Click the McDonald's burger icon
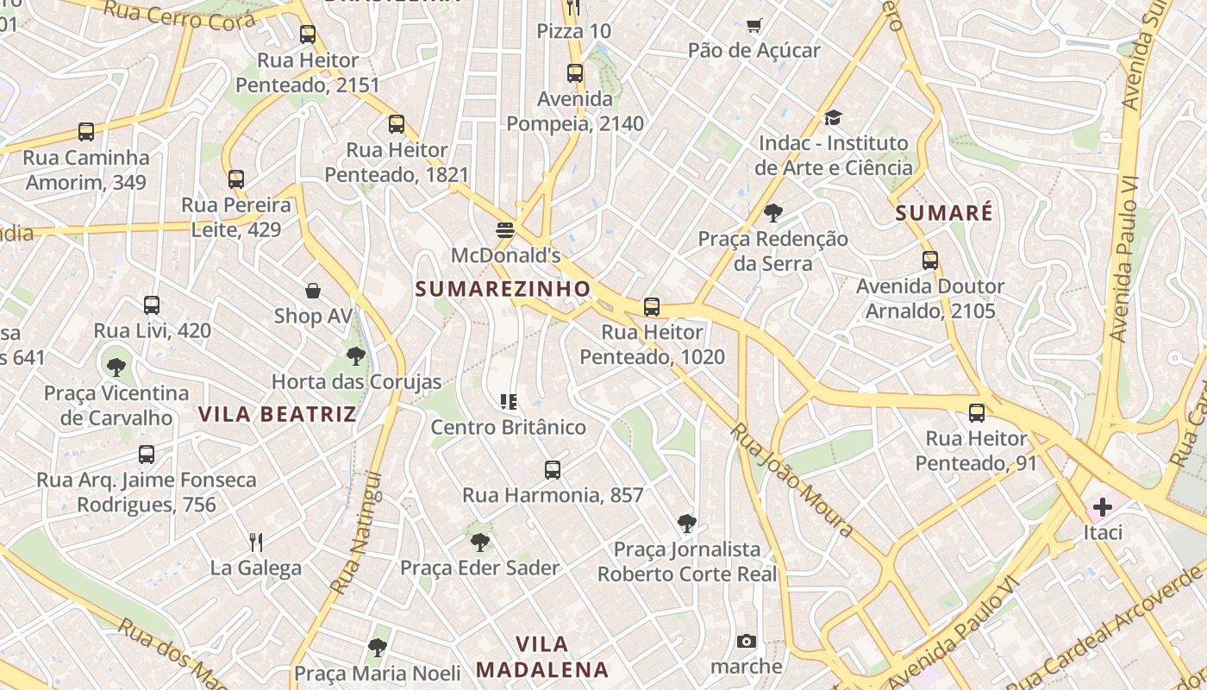coord(505,230)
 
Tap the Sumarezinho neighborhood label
coord(503,289)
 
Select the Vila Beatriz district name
coord(278,414)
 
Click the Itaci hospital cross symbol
coord(1102,507)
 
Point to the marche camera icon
coord(747,641)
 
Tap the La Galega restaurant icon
coord(255,542)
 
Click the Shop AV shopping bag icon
coord(313,291)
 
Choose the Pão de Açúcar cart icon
coord(754,26)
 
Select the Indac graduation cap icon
coord(832,117)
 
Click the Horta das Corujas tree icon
coord(355,355)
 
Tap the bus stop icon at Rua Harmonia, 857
coord(553,470)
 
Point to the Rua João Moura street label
coord(792,479)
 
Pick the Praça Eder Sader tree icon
coord(479,543)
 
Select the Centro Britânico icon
coord(509,401)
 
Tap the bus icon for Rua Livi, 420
coord(152,304)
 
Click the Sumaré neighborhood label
coord(944,213)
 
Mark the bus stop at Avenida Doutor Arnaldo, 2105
coord(929,260)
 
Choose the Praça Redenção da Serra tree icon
coord(773,213)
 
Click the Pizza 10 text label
coord(573,32)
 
